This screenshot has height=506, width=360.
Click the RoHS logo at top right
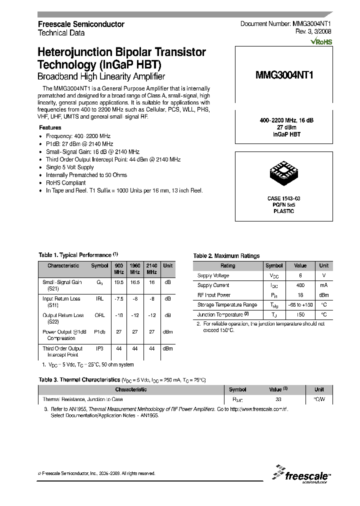coord(321,42)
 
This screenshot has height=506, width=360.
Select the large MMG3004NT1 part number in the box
coord(284,75)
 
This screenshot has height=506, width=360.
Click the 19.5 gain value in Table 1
coord(119,282)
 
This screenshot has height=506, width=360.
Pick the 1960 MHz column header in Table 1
coord(135,268)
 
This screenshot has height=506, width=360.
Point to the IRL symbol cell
coord(99,298)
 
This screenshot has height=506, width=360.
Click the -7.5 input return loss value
coord(119,298)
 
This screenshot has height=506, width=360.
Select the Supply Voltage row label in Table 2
coord(213,275)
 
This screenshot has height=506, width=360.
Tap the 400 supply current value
coord(300,285)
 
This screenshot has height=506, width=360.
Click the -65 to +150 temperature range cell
coord(300,304)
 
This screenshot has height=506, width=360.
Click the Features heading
coord(50,128)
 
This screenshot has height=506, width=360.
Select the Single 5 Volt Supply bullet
coord(69,167)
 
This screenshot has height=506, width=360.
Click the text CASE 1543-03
coord(283,198)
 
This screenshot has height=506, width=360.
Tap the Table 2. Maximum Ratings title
coord(226,256)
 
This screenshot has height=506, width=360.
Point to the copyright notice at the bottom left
coord(96,473)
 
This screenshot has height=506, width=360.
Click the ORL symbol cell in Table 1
coord(99,315)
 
